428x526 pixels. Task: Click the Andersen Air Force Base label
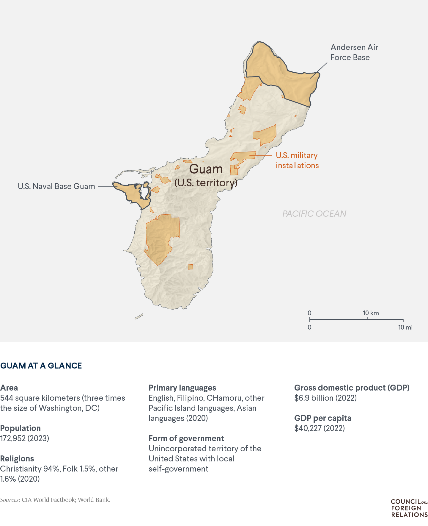[354, 52]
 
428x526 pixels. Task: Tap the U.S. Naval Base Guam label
[56, 186]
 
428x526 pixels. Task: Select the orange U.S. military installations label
[297, 160]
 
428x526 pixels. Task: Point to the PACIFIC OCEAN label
[314, 214]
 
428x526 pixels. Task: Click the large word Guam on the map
[206, 169]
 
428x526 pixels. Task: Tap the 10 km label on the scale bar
[371, 313]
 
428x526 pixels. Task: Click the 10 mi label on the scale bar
[405, 327]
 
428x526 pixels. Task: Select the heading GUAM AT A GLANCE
[41, 366]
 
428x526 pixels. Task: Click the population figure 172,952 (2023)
[25, 438]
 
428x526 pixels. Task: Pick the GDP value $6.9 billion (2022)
[325, 398]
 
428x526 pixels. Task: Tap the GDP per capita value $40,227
[319, 428]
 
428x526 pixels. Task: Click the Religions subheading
[17, 458]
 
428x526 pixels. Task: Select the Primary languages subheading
[182, 388]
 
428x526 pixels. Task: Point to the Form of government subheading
[186, 438]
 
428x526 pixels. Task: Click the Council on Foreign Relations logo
[409, 508]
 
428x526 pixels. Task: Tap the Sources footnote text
[55, 500]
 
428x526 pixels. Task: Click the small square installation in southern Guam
[190, 267]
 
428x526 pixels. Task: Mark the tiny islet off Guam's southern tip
[139, 316]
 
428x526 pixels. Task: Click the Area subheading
[9, 388]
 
